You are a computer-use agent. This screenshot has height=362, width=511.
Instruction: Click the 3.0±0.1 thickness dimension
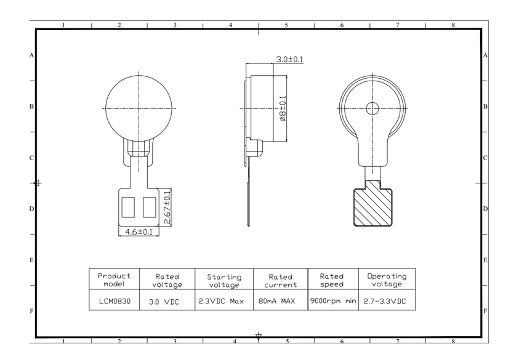(x=289, y=60)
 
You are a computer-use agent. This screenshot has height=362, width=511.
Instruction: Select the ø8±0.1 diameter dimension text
(x=283, y=108)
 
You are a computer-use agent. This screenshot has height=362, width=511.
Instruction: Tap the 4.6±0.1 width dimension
(x=139, y=232)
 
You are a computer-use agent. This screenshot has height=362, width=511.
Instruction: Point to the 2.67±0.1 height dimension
(x=167, y=207)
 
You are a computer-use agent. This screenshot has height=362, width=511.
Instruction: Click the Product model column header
(x=114, y=280)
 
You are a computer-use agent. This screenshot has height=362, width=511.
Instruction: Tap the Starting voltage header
(x=223, y=281)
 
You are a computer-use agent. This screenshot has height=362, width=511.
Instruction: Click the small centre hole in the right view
(x=372, y=108)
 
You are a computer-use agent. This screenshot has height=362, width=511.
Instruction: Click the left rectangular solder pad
(x=129, y=207)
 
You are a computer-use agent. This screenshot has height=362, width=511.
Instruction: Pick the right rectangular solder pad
(x=148, y=207)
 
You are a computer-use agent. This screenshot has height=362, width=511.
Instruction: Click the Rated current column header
(x=280, y=281)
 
